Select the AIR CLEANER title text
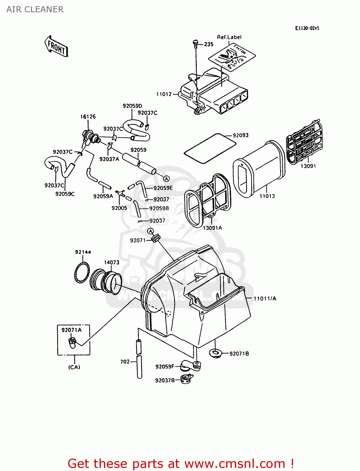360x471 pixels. click(x=35, y=9)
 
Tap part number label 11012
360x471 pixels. click(x=164, y=94)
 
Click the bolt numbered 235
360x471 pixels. click(x=196, y=42)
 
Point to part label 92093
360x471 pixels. click(x=241, y=135)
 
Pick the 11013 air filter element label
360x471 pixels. click(x=267, y=196)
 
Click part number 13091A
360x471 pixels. click(x=212, y=228)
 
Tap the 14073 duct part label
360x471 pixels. click(x=112, y=262)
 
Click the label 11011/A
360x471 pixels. click(x=265, y=299)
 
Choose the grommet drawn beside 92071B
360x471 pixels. click(x=215, y=353)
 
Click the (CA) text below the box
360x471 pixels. click(x=74, y=367)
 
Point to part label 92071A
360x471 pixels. click(x=71, y=330)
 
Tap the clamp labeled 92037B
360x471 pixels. click(x=186, y=379)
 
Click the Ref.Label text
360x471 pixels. click(x=229, y=37)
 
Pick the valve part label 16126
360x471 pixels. click(x=88, y=116)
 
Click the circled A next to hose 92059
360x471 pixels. click(x=166, y=179)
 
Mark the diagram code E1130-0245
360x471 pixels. click(x=307, y=28)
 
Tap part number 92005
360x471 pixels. click(x=119, y=208)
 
